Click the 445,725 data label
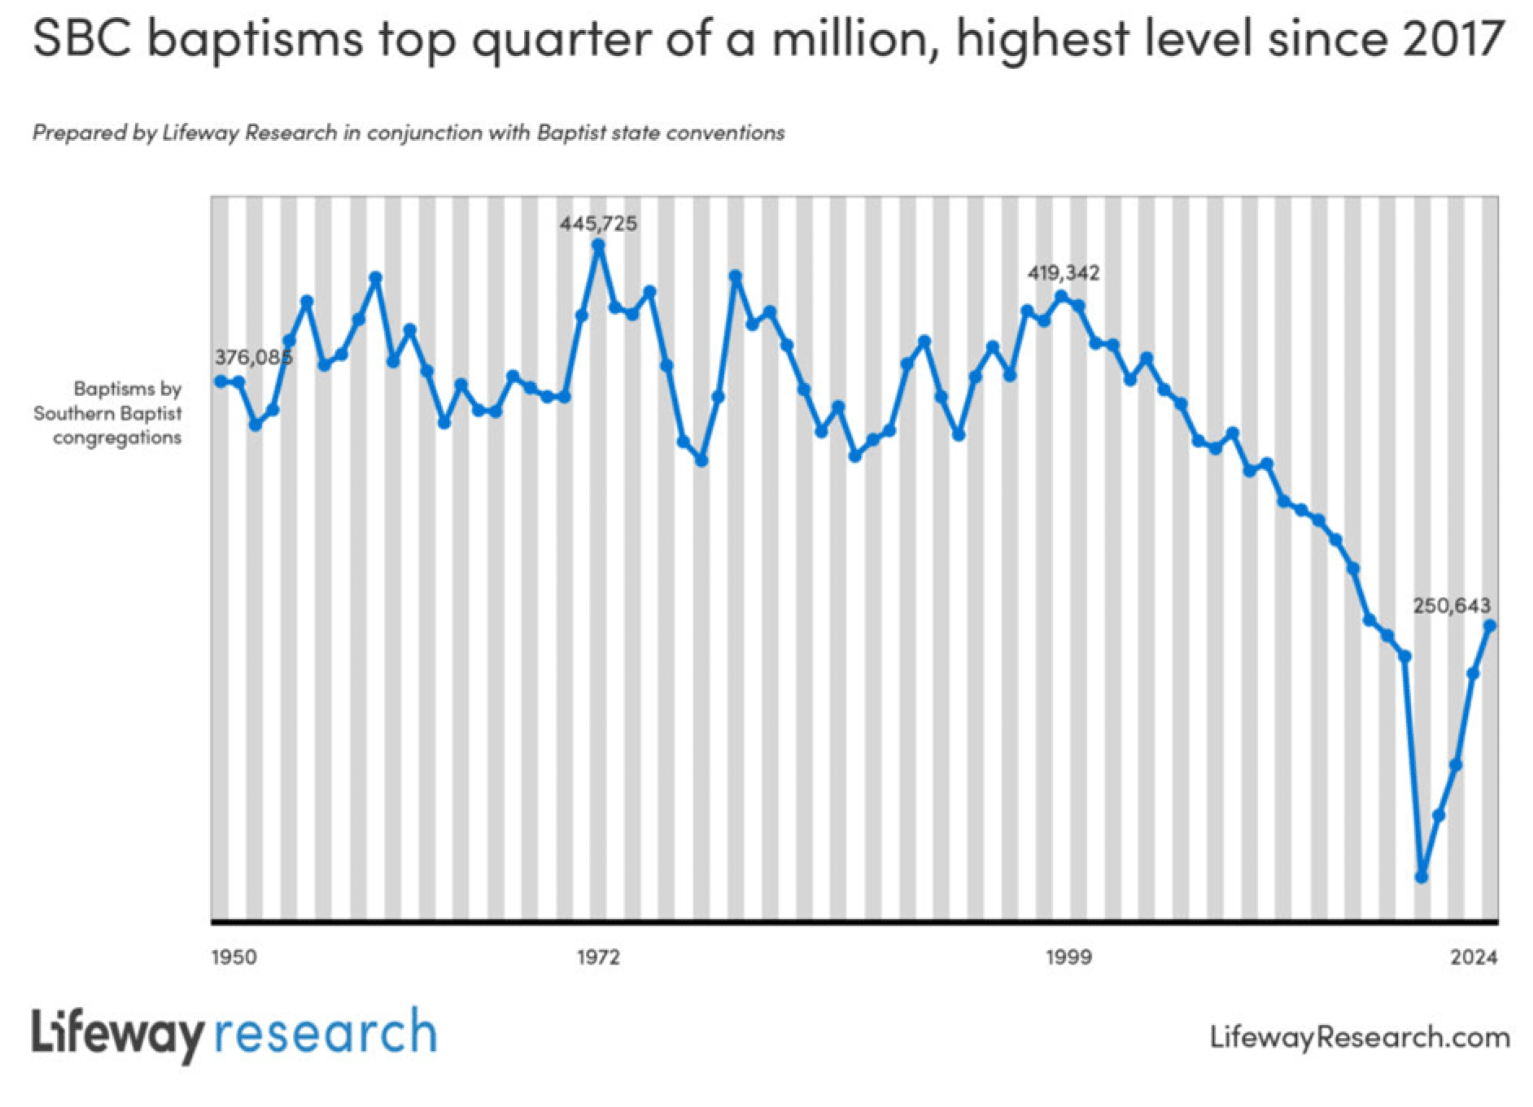[598, 224]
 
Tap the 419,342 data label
[1063, 273]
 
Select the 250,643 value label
[1451, 605]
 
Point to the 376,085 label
[253, 357]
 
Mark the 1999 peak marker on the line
[1061, 297]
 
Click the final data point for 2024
[1490, 625]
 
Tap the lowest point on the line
[1422, 877]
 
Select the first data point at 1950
[221, 381]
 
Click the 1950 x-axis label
[234, 957]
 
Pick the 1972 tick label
[598, 957]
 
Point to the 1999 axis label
[1068, 957]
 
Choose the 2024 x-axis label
[1473, 957]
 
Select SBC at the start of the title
[82, 39]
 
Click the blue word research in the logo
[325, 1033]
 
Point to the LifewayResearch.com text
[1359, 1037]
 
